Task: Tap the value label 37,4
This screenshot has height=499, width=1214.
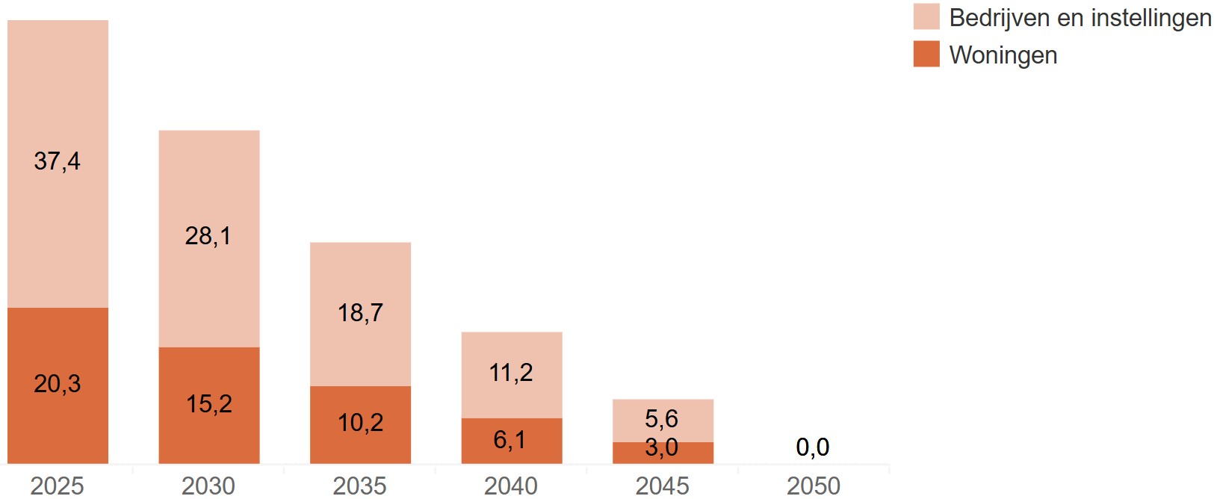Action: [58, 161]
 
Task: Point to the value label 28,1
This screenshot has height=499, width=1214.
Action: [208, 236]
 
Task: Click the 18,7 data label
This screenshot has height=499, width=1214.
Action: [360, 313]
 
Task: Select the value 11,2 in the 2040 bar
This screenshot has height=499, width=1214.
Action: [511, 373]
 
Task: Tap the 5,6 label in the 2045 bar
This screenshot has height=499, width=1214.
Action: [662, 419]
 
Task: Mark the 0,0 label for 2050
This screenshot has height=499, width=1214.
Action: [813, 447]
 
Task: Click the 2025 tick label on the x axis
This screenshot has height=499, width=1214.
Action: [57, 486]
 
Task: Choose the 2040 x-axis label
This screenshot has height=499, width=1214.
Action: [511, 486]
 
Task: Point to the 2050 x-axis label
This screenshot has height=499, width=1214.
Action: [814, 486]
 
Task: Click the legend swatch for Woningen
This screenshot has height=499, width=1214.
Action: [926, 55]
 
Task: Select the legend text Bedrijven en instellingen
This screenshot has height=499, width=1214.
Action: [1080, 18]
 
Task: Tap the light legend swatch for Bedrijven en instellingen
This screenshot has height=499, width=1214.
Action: [926, 16]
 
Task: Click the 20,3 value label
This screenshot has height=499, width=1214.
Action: [58, 384]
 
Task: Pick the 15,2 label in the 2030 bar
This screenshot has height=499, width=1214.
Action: [209, 404]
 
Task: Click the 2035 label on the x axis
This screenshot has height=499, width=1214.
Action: [359, 486]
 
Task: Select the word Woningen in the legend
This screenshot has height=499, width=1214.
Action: [1003, 55]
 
